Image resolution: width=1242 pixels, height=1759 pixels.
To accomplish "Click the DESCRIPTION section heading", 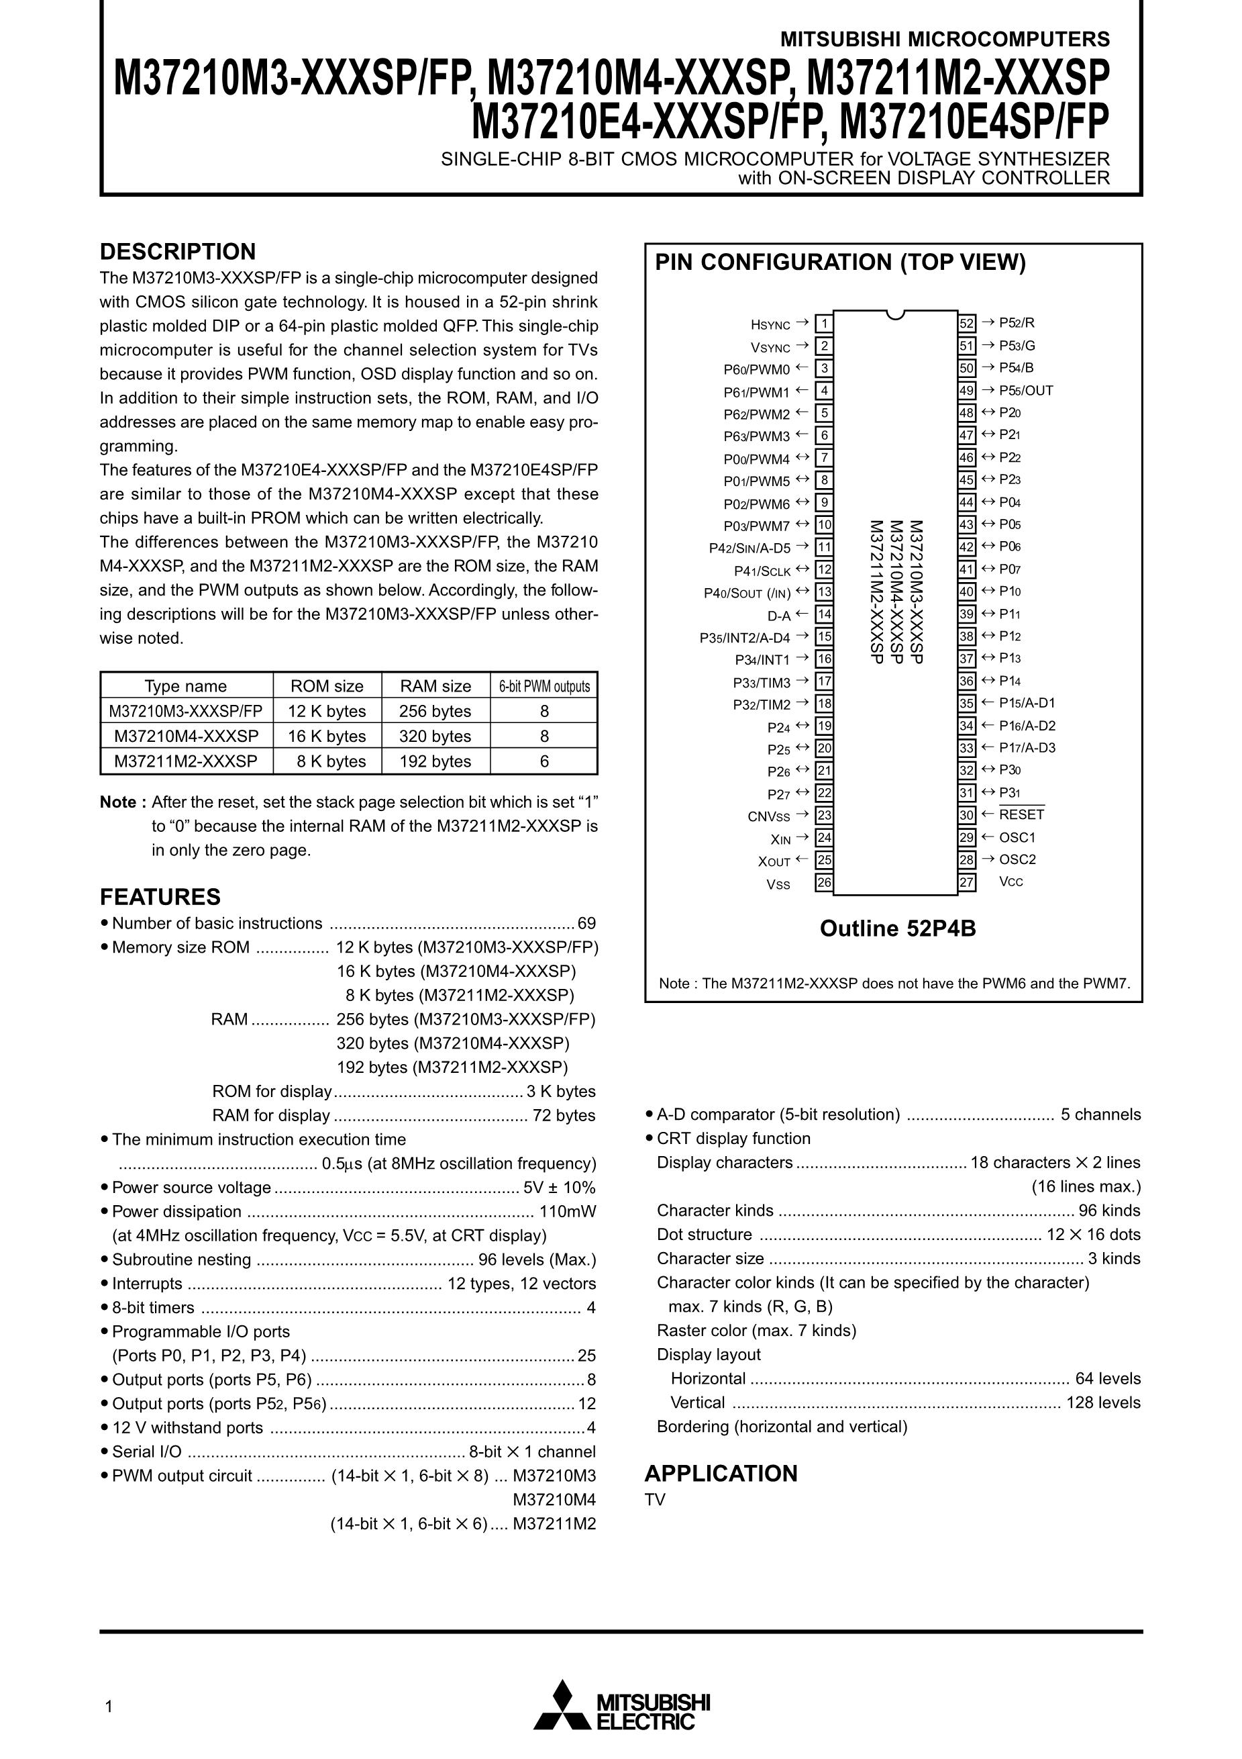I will click(x=178, y=252).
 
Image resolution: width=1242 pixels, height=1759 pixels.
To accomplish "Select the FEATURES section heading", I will click(x=160, y=897).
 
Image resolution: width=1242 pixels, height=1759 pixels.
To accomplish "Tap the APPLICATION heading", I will click(x=721, y=1473).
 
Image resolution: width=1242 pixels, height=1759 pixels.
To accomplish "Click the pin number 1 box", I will click(x=824, y=324).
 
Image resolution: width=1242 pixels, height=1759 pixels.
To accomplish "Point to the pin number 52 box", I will click(x=967, y=324).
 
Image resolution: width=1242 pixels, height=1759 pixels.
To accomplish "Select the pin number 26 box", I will click(x=824, y=883).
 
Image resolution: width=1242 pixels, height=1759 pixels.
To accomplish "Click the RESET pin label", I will click(x=1021, y=814).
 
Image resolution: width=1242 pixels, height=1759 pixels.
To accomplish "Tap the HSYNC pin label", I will click(x=770, y=325).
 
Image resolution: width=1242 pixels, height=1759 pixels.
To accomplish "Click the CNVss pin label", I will click(x=769, y=816).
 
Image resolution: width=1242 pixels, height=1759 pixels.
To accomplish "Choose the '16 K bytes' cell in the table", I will click(x=327, y=736).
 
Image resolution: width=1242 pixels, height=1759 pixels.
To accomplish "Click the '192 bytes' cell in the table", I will click(x=435, y=761).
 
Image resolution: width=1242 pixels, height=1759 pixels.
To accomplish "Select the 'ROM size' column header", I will click(x=327, y=685).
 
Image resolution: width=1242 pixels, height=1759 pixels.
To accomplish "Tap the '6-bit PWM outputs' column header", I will click(x=544, y=686).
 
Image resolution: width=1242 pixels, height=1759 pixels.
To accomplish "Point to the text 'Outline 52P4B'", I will click(x=897, y=929).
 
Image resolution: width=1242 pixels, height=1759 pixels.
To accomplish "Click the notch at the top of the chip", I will click(x=895, y=314).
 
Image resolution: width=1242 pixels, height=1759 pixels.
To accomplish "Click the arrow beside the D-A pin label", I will click(x=802, y=614).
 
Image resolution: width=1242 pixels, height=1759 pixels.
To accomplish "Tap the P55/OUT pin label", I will click(x=1026, y=391).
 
